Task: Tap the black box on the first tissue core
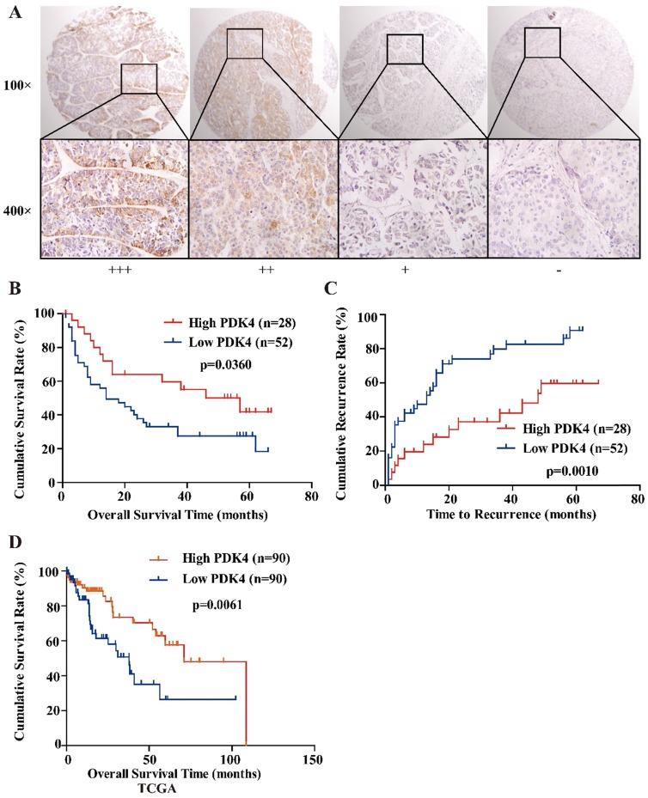pyautogui.click(x=138, y=78)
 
